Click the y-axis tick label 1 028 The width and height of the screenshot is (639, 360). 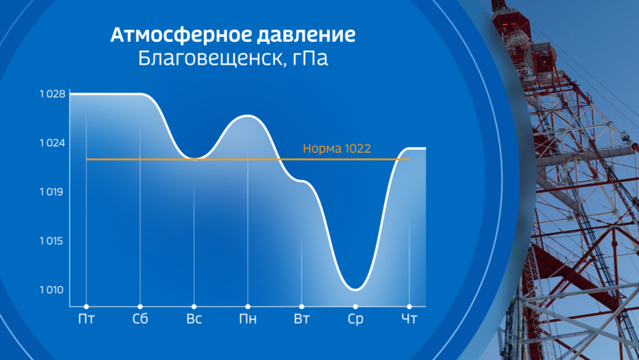(52, 94)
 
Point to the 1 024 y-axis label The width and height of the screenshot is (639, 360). (52, 143)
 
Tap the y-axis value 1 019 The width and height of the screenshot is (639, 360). (52, 192)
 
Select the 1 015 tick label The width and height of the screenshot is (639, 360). (52, 241)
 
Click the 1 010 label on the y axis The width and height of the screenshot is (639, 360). (52, 290)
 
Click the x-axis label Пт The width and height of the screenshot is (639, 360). (86, 319)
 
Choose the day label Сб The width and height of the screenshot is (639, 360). (140, 319)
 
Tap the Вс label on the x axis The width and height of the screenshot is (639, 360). (194, 319)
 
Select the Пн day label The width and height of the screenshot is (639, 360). (248, 319)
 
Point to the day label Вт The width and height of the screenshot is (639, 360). (301, 319)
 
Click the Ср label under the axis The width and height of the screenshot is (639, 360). (355, 319)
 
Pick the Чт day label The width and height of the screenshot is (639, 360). (409, 319)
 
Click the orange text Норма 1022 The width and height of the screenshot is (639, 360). (336, 148)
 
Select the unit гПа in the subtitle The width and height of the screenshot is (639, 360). (310, 59)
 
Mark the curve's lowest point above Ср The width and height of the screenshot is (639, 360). (355, 290)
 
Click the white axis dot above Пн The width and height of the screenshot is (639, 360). (248, 307)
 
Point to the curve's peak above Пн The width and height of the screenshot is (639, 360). (248, 116)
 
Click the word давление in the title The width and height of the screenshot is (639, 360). (306, 35)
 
